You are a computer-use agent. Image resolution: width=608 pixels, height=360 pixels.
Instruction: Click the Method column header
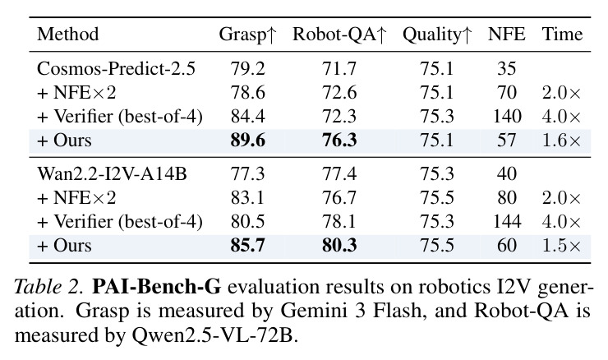pyautogui.click(x=68, y=35)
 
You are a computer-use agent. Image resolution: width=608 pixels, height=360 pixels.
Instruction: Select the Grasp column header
pyautogui.click(x=248, y=35)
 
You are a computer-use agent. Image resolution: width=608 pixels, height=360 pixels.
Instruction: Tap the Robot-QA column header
pyautogui.click(x=339, y=35)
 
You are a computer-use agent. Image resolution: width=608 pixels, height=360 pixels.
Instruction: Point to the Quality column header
pyautogui.click(x=437, y=35)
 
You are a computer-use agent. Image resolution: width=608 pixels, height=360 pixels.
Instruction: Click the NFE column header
pyautogui.click(x=506, y=35)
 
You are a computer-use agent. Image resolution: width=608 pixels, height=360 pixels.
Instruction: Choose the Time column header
pyautogui.click(x=562, y=35)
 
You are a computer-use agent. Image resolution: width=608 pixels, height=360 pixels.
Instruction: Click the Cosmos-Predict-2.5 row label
pyautogui.click(x=116, y=69)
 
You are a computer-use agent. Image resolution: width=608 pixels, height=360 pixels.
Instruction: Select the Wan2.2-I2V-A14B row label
pyautogui.click(x=112, y=173)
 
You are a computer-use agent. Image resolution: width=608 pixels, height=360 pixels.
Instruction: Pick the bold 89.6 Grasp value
pyautogui.click(x=248, y=141)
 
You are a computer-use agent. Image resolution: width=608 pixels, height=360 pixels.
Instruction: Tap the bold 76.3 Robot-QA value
pyautogui.click(x=339, y=141)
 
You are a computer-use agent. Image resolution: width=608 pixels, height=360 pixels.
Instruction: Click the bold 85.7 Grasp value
pyautogui.click(x=248, y=246)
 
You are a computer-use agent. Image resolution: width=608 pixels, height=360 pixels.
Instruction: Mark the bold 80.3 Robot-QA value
pyautogui.click(x=339, y=246)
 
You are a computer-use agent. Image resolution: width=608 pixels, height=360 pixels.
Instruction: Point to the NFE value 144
pyautogui.click(x=507, y=222)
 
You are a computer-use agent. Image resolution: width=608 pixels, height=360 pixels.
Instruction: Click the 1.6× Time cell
pyautogui.click(x=561, y=141)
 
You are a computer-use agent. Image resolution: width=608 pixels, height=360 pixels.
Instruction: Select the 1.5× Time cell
pyautogui.click(x=561, y=246)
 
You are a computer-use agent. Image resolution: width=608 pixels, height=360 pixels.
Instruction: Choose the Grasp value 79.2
pyautogui.click(x=248, y=69)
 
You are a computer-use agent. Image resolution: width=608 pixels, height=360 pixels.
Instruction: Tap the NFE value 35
pyautogui.click(x=507, y=69)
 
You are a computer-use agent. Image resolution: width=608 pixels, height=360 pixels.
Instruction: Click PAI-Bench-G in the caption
pyautogui.click(x=157, y=287)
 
